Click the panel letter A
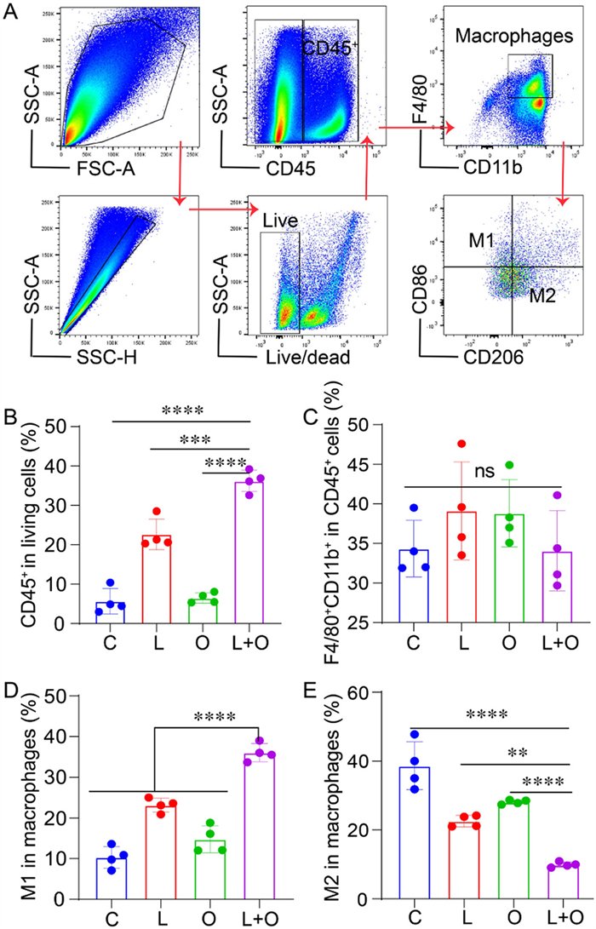click(12, 12)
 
